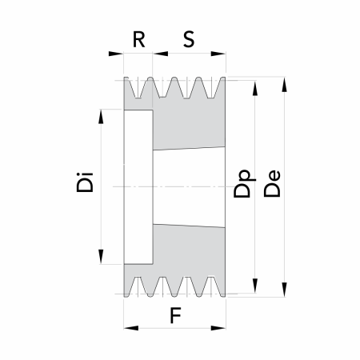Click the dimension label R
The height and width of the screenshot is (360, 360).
(139, 39)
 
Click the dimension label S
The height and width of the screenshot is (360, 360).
(189, 39)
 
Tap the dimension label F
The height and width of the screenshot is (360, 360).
(175, 315)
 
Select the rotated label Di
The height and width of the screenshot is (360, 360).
(85, 182)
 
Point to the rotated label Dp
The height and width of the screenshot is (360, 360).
(244, 183)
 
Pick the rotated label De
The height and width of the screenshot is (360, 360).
(272, 184)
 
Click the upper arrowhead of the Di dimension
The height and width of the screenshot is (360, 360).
(101, 117)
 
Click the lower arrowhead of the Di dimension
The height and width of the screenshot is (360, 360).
(101, 257)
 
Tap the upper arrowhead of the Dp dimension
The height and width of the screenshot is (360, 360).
(255, 88)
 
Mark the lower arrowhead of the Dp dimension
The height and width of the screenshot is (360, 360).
(255, 286)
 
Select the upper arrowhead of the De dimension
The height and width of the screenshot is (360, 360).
(285, 85)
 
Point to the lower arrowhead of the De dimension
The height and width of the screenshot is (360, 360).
(285, 290)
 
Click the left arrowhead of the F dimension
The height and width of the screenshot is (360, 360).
(131, 328)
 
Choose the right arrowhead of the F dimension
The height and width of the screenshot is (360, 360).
(218, 328)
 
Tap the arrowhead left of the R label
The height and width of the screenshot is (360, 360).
(116, 54)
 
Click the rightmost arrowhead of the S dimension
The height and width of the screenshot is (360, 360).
(218, 54)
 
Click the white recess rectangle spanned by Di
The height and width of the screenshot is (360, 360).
(138, 187)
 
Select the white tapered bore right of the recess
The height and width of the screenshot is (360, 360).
(189, 187)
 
